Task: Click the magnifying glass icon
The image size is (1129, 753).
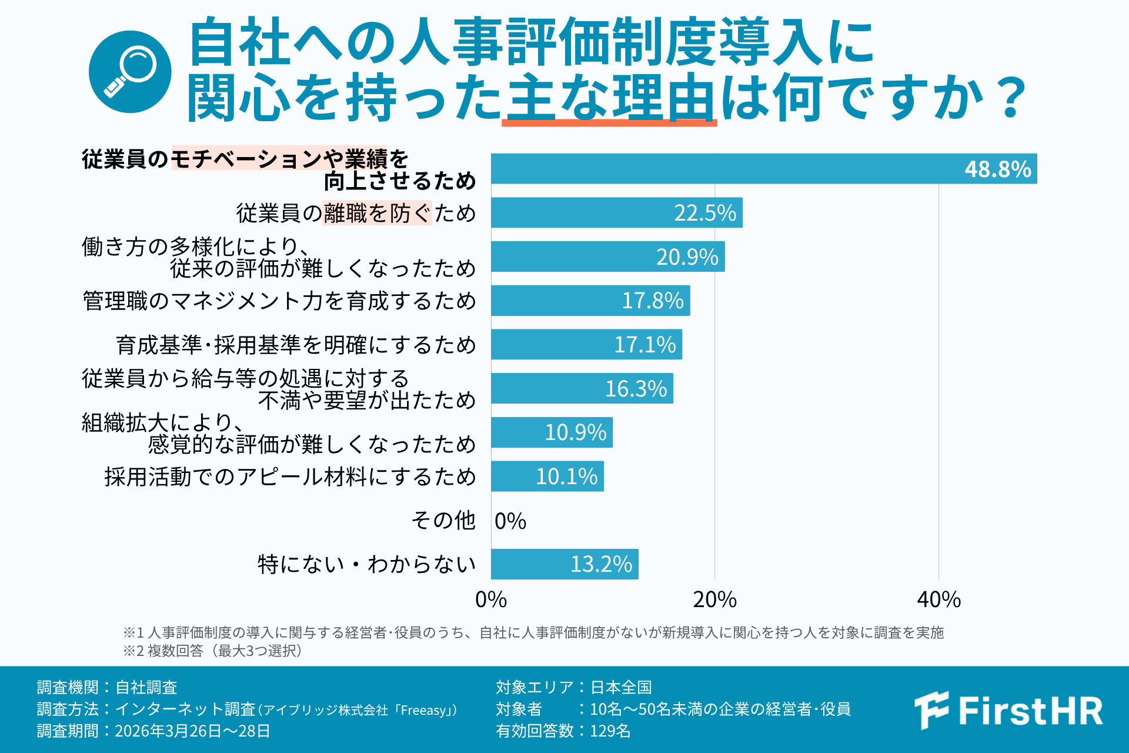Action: point(130,72)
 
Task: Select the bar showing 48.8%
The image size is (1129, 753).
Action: point(764,169)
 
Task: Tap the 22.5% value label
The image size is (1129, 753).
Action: point(705,213)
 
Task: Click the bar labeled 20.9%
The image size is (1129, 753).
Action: point(608,256)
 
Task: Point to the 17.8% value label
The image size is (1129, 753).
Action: point(653,301)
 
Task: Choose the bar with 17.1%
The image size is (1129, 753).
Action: point(587,344)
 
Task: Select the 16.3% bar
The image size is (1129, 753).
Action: point(582,388)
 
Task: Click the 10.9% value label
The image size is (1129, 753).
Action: point(576,432)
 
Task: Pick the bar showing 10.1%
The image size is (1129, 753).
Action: point(547,476)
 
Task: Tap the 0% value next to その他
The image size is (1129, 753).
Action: point(510,521)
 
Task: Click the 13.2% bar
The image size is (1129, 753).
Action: point(564,564)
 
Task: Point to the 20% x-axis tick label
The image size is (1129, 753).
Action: point(714,599)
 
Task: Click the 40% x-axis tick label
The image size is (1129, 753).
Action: point(938,599)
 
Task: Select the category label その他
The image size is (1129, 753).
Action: point(443,520)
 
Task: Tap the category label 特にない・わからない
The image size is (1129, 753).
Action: point(367,564)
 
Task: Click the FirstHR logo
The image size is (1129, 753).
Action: point(1008,711)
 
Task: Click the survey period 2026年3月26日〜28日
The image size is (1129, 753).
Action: point(192,731)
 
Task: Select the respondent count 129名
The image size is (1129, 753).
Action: point(610,731)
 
